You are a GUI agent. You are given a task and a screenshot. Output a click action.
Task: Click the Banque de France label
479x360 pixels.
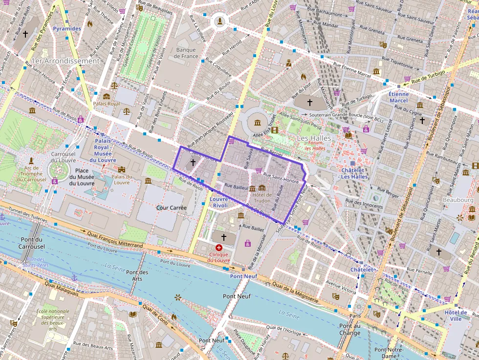pos(186,53)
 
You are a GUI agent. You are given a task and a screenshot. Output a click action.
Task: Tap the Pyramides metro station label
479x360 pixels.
pos(67,29)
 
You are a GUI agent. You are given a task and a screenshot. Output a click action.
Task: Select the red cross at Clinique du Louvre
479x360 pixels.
pos(218,248)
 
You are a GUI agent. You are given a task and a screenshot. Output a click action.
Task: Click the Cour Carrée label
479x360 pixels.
pos(172,208)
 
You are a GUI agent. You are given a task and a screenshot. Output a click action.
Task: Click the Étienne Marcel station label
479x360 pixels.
pos(398,97)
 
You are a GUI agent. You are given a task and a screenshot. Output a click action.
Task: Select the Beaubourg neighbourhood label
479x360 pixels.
pos(458,200)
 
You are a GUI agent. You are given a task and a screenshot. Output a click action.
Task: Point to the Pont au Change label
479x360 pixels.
pos(349,330)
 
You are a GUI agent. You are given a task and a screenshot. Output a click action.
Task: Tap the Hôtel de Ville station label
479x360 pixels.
pos(456,316)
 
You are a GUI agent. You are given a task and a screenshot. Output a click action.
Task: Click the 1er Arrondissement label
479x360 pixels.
pos(65,61)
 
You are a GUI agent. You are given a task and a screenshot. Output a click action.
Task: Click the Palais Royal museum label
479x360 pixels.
pos(107,104)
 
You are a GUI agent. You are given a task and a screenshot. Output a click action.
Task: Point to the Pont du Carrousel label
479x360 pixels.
pos(33,243)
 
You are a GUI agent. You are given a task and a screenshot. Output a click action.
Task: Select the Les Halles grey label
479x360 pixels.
pos(314,139)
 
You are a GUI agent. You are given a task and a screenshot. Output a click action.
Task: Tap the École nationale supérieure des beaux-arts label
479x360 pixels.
pos(52,320)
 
